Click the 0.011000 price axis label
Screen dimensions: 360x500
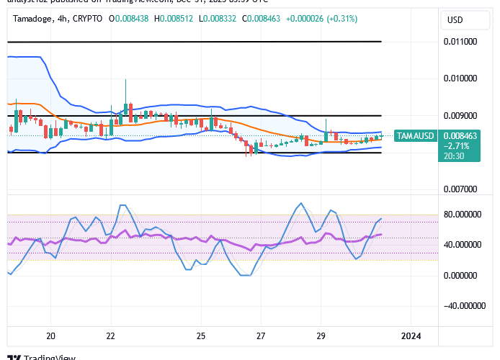(x=460, y=42)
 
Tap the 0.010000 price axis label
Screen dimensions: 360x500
(x=460, y=78)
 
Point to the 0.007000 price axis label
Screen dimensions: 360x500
(x=460, y=189)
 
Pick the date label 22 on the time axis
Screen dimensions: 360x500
(x=110, y=336)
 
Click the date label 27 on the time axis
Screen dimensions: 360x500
(x=261, y=336)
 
